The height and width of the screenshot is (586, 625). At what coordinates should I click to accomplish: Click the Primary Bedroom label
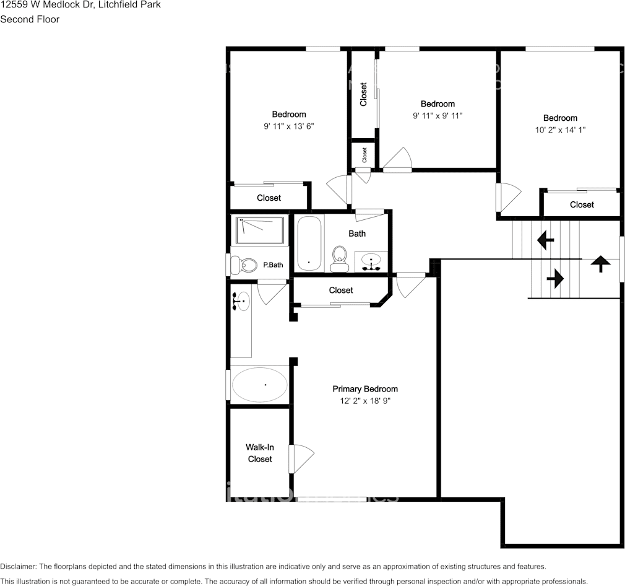pos(365,389)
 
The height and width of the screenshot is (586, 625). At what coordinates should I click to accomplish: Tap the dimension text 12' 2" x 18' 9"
pos(365,401)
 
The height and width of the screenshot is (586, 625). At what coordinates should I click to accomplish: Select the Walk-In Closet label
pos(260,453)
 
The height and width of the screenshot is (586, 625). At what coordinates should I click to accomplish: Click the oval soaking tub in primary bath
pos(259,385)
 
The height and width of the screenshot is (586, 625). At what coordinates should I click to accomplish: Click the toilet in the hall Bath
pos(340,258)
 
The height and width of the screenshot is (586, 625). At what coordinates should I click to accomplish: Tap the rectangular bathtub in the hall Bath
pos(309,243)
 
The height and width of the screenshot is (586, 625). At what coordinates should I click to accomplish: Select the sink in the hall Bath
pos(371,262)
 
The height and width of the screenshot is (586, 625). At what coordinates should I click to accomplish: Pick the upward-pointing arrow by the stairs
pos(600,263)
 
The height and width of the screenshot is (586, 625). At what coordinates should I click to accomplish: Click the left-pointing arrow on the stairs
pos(545,240)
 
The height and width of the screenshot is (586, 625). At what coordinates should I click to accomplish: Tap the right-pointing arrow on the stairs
pos(555,279)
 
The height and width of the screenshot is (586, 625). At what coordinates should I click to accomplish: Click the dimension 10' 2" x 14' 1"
pos(560,130)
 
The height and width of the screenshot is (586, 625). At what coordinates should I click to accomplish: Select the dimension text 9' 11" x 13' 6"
pos(289,126)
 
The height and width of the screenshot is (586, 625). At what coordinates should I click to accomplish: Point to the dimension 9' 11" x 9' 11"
pos(437,116)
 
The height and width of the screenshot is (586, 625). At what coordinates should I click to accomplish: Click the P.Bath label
pos(273,265)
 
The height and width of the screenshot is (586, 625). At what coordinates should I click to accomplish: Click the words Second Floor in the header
pos(30,19)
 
